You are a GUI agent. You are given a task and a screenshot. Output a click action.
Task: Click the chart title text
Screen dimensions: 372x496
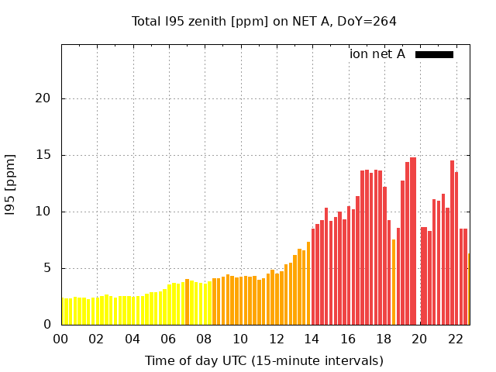(264, 21)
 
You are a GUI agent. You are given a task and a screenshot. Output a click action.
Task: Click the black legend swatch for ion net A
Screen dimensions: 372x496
(434, 54)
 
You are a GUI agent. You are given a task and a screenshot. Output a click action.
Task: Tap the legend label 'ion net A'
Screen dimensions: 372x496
(377, 54)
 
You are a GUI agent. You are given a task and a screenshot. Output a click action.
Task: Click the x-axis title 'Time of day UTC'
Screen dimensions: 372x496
(264, 360)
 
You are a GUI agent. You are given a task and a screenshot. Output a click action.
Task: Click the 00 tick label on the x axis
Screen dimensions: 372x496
(61, 339)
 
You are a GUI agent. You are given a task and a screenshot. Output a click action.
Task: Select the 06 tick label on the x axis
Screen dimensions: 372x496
(168, 339)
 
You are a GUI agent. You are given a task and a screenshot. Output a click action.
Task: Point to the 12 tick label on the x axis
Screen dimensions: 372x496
(277, 339)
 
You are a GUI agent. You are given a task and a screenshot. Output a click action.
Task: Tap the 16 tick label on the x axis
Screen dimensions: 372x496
(348, 339)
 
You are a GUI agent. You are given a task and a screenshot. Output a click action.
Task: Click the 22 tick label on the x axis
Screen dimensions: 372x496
(456, 339)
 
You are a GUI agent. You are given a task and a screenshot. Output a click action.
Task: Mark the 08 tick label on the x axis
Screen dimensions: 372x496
(205, 339)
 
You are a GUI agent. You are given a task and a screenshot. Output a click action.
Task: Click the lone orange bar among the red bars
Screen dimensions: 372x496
(394, 282)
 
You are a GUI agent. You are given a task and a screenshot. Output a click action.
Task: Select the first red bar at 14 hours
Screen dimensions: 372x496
(313, 277)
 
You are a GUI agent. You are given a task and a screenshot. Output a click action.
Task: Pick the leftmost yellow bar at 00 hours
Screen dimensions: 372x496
(64, 312)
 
